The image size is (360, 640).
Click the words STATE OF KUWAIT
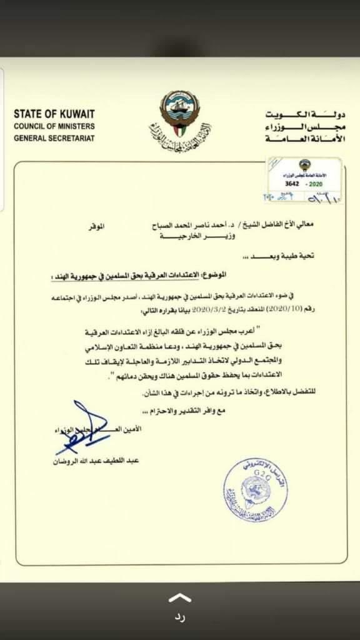pos(54,114)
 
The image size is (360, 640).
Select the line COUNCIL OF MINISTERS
pos(54,126)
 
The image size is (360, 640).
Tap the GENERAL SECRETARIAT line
pos(54,137)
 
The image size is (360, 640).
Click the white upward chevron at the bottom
pos(180,596)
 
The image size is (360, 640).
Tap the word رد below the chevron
pos(180,618)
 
